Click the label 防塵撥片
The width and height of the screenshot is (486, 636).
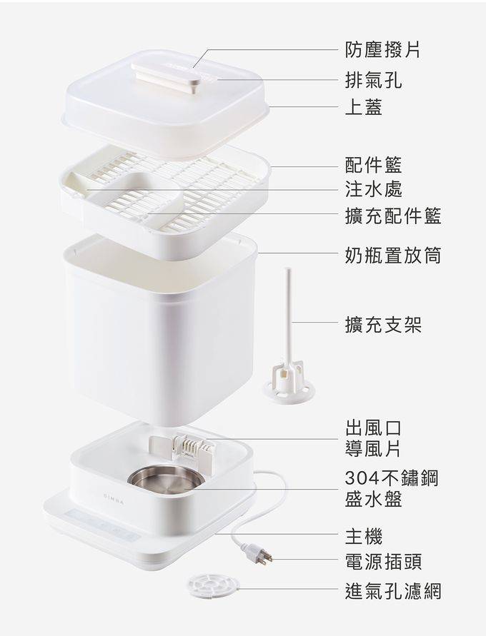pos(382,49)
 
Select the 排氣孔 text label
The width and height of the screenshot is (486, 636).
pos(372,79)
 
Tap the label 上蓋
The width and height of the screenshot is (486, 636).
pos(363,107)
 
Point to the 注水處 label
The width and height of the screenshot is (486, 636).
pos(372,189)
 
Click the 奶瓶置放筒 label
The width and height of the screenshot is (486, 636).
pos(392,255)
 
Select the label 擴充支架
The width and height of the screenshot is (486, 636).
pos(382,325)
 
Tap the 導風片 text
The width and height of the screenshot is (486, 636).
pos(372,449)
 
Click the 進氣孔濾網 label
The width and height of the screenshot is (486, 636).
pos(392,591)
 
